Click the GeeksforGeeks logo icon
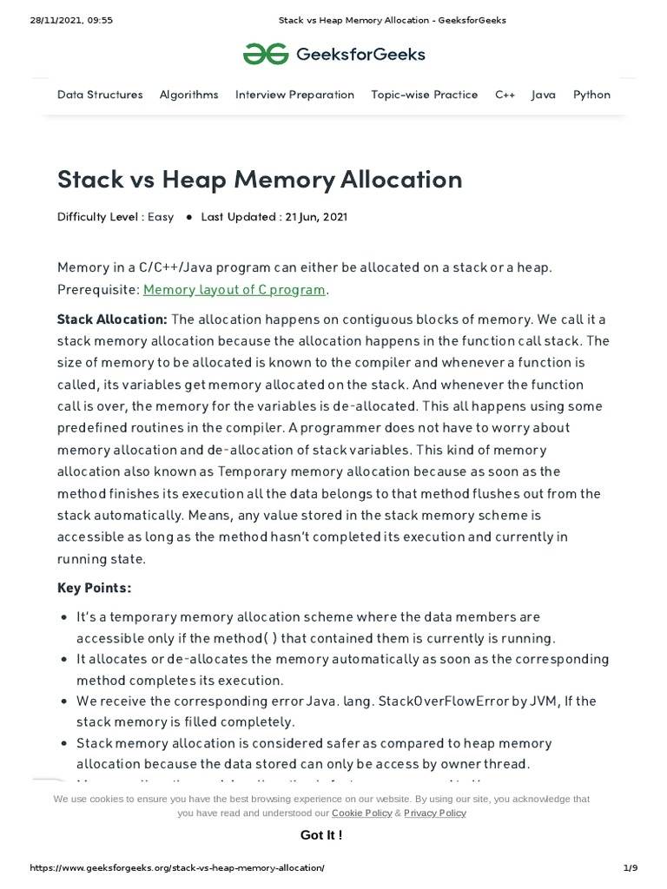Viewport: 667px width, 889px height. (x=264, y=55)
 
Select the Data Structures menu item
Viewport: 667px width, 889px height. (x=100, y=95)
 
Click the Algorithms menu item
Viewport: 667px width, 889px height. (x=188, y=95)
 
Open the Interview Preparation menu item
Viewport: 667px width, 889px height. (x=294, y=95)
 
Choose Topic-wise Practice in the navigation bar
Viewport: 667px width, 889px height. (x=424, y=95)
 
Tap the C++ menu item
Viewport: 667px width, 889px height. (x=505, y=95)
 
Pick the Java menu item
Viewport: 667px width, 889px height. (x=544, y=95)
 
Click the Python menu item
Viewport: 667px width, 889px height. (x=591, y=95)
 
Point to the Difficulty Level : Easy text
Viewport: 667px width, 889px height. (x=116, y=217)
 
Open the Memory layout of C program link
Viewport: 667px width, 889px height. (x=234, y=289)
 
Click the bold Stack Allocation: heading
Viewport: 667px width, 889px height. (x=112, y=319)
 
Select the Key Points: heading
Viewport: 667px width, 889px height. (x=94, y=588)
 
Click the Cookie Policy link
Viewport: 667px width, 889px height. (x=361, y=813)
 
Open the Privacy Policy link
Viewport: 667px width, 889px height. (x=435, y=813)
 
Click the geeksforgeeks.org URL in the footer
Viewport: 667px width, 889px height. (x=177, y=868)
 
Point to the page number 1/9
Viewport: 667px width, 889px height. (x=630, y=868)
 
